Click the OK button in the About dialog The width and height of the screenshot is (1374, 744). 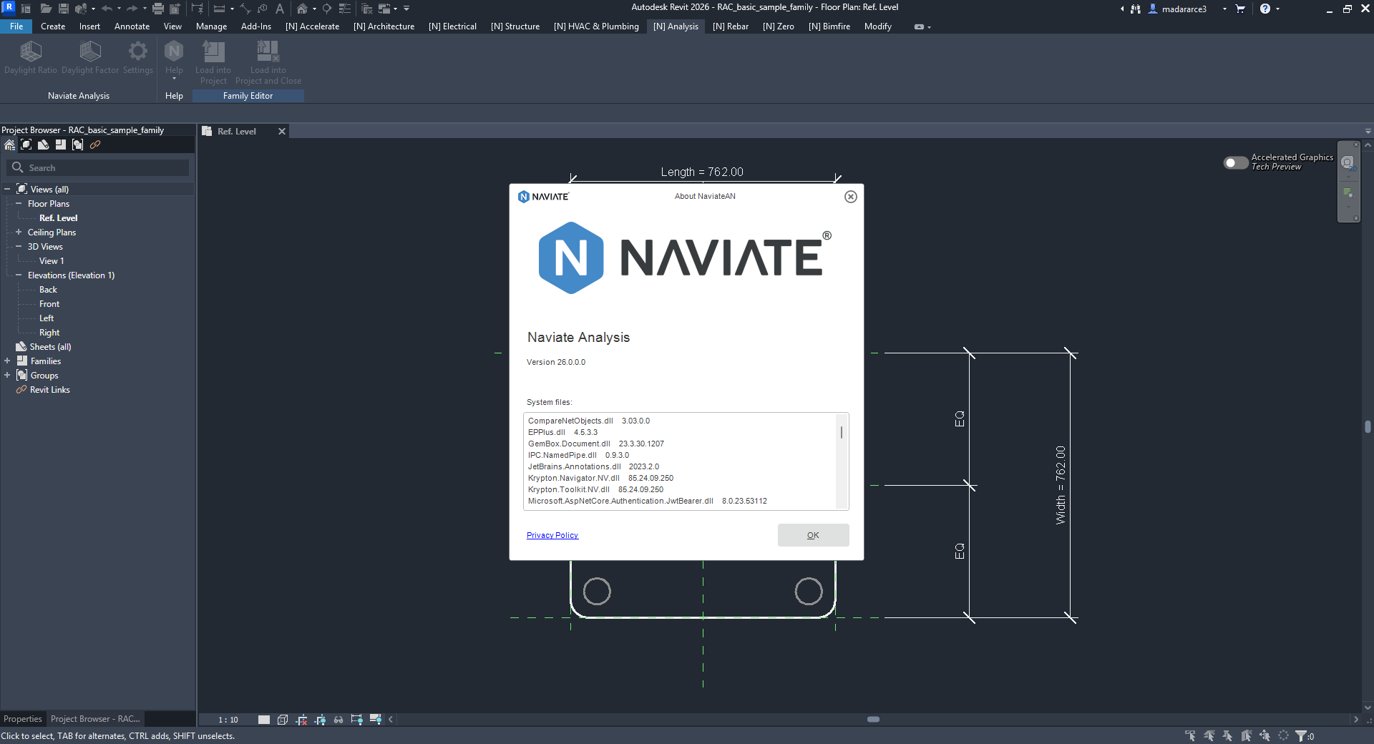click(x=813, y=535)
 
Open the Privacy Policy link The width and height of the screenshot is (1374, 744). click(x=552, y=535)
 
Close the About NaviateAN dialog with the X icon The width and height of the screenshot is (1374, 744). click(x=850, y=197)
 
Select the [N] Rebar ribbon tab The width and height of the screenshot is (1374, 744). click(x=730, y=26)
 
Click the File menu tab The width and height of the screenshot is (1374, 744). click(x=16, y=26)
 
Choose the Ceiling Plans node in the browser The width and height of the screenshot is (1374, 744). click(x=52, y=232)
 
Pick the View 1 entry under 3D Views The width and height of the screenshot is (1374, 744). click(x=52, y=261)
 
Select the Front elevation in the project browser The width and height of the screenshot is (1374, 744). click(x=49, y=304)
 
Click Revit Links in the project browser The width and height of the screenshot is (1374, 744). click(x=50, y=390)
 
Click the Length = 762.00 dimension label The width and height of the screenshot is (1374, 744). click(x=702, y=172)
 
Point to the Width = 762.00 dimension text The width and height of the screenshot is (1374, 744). click(x=1061, y=485)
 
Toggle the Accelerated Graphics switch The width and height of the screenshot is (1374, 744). click(x=1236, y=162)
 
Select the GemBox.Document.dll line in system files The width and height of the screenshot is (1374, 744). click(x=596, y=444)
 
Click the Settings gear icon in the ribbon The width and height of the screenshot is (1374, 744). click(x=137, y=52)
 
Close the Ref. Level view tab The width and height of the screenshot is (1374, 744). click(x=282, y=131)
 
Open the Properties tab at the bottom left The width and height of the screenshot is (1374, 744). click(x=23, y=719)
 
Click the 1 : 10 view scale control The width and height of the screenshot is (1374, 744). click(x=228, y=720)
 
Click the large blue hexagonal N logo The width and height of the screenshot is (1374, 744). click(x=570, y=258)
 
